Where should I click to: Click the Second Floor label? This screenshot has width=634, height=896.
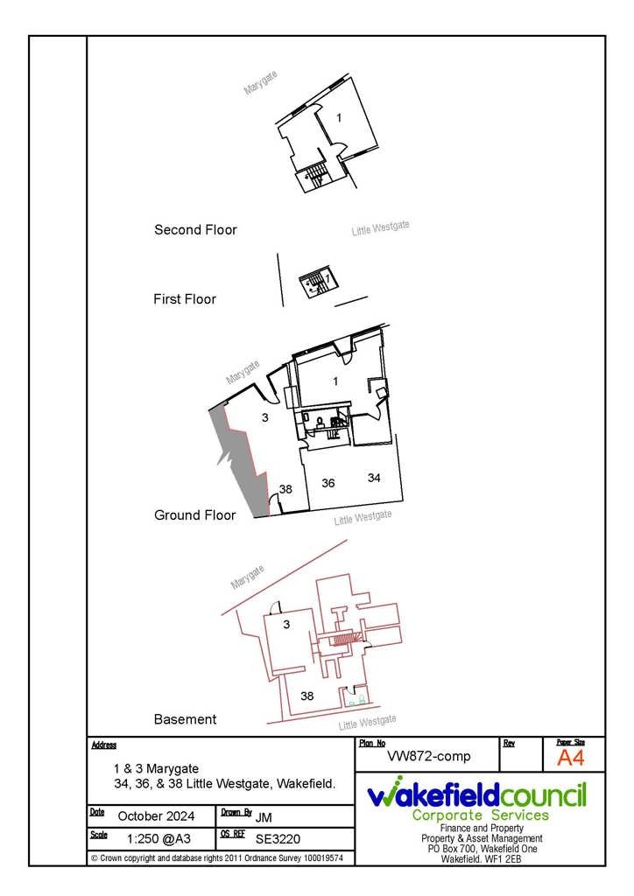[x=195, y=230]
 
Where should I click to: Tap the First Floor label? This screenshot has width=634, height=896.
[x=185, y=299]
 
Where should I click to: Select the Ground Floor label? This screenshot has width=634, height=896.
[x=195, y=514]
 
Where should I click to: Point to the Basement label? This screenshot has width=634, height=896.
[x=186, y=719]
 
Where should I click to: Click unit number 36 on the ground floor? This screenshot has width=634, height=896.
[x=328, y=483]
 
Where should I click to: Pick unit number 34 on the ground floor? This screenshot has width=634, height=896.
[x=374, y=477]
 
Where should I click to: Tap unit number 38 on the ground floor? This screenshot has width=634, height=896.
[x=285, y=489]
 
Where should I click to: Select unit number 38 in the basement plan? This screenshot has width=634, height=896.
[x=307, y=696]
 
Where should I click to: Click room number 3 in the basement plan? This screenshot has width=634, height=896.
[x=286, y=625]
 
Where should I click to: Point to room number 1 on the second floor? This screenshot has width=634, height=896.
[x=339, y=118]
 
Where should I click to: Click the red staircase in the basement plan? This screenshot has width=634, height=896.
[x=343, y=639]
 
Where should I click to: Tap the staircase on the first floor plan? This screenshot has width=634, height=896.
[x=318, y=282]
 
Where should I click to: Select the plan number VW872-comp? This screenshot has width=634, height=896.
[x=429, y=756]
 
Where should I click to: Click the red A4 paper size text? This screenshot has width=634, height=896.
[x=571, y=758]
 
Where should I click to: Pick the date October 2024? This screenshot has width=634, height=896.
[x=156, y=816]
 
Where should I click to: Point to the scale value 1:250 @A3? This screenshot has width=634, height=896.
[x=158, y=839]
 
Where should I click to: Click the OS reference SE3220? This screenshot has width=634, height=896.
[x=278, y=839]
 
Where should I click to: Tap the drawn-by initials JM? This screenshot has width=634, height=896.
[x=263, y=817]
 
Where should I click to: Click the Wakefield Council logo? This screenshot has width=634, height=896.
[x=476, y=798]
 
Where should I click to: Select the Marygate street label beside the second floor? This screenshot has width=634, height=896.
[x=261, y=83]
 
